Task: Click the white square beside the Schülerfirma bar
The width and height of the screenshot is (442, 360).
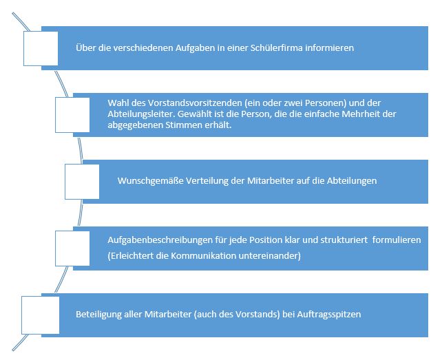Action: point(41,48)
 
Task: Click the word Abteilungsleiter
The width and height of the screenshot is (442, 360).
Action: point(141,114)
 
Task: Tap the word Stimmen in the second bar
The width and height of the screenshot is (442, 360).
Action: point(184,125)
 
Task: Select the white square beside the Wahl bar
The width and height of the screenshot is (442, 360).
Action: point(72,115)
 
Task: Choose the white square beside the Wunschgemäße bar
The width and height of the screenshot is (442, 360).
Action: point(82,182)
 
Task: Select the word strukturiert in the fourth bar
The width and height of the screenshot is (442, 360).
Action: point(344,240)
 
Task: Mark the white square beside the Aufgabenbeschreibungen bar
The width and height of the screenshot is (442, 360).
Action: point(72,248)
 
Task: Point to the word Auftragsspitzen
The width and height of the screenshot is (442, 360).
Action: point(329,314)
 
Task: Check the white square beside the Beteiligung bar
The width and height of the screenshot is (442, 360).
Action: point(41,315)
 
